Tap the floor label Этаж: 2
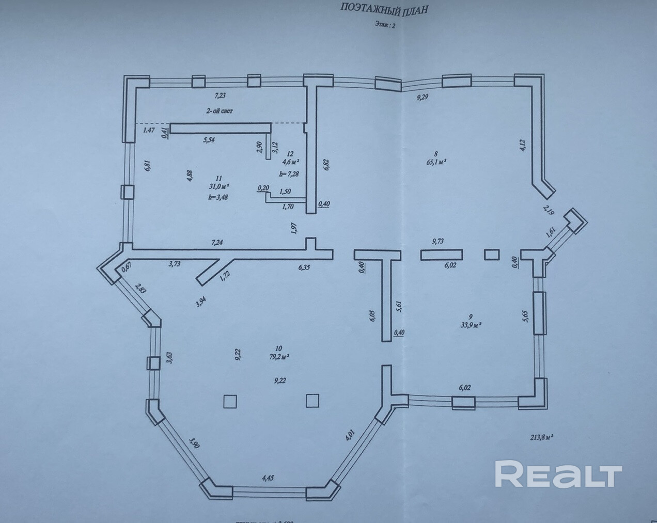384,25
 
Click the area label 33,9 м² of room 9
471,325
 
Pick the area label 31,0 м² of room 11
219,186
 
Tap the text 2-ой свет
220,110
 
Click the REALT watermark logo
558,474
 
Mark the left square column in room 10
230,401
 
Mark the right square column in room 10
313,401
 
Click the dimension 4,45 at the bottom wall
268,478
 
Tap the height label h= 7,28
289,174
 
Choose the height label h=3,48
218,197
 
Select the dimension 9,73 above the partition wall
439,241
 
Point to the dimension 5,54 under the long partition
209,139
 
